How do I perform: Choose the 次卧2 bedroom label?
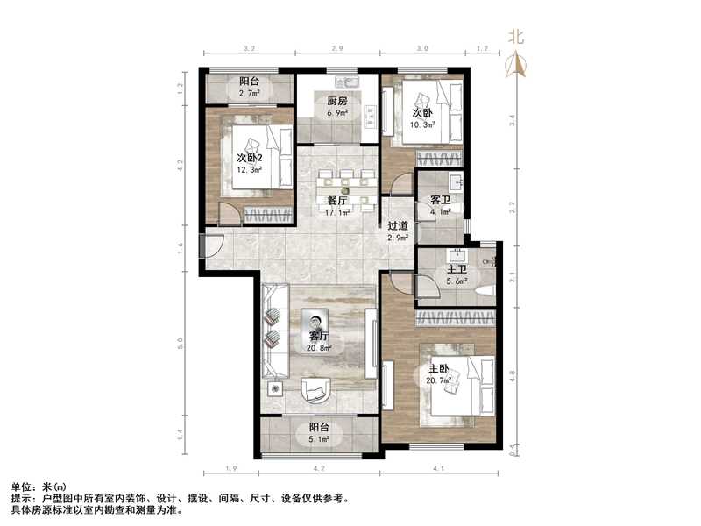click(250, 158)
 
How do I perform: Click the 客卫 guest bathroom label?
click(440, 200)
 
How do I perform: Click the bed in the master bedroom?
click(456, 390)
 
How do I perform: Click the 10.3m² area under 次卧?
click(423, 124)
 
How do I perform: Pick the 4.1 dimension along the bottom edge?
click(438, 469)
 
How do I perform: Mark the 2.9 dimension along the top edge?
click(336, 49)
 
